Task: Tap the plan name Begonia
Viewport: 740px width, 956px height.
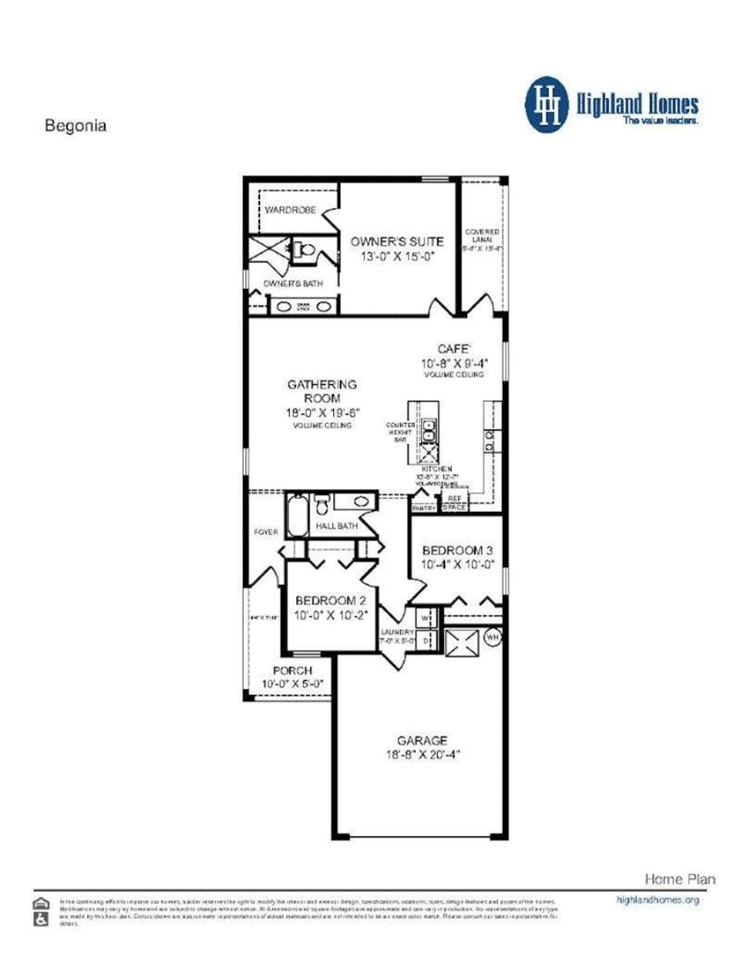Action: click(76, 126)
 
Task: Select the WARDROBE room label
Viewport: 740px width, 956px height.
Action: click(290, 210)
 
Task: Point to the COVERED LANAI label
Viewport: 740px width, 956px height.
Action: click(482, 235)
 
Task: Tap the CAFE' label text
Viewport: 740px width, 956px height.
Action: click(454, 349)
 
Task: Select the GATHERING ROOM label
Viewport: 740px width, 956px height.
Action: click(322, 391)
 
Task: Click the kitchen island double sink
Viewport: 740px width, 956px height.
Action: click(429, 431)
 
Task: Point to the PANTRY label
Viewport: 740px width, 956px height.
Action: click(424, 509)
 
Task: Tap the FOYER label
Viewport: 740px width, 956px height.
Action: click(266, 532)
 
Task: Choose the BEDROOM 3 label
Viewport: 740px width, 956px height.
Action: click(457, 550)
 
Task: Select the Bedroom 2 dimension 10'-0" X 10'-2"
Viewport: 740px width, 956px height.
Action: click(331, 616)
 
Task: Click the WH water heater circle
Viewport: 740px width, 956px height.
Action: click(493, 638)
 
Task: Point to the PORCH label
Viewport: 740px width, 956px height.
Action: click(293, 670)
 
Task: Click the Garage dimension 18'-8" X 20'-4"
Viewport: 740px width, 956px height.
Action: click(422, 755)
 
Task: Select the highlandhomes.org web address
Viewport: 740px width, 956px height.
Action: click(658, 900)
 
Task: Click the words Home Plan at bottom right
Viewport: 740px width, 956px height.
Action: click(680, 879)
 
